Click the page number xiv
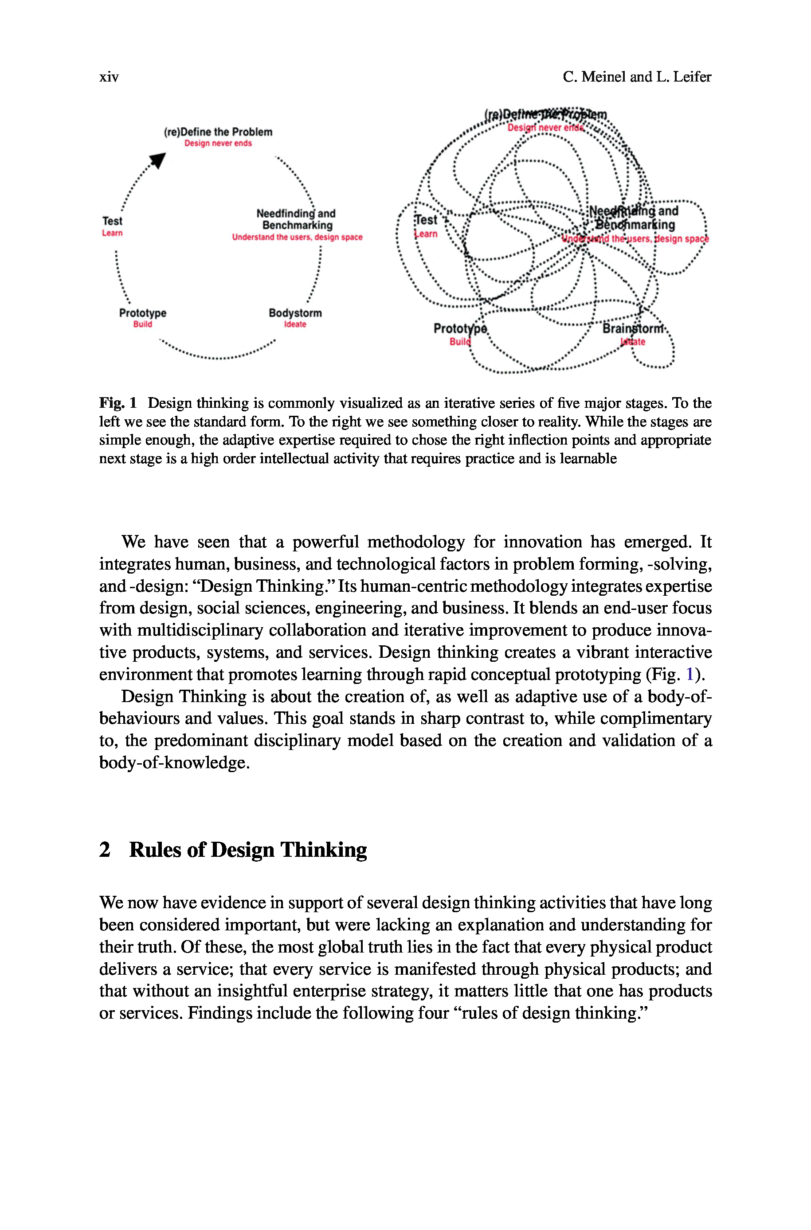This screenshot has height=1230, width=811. coord(109,77)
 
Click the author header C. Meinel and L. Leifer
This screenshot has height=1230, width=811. coord(637,77)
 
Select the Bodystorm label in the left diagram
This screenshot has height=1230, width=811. coord(295,313)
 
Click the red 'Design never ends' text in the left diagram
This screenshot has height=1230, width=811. coord(218,143)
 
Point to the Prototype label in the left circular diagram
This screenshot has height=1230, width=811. coord(143,313)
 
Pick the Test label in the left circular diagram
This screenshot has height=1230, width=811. coord(112,221)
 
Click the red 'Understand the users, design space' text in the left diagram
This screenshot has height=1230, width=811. coord(297,237)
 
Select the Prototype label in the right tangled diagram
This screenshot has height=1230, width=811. coord(460,328)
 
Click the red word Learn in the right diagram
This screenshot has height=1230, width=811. coord(426,234)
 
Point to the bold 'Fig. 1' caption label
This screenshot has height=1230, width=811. coord(118,402)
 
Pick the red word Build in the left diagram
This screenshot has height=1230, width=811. coord(143,324)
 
